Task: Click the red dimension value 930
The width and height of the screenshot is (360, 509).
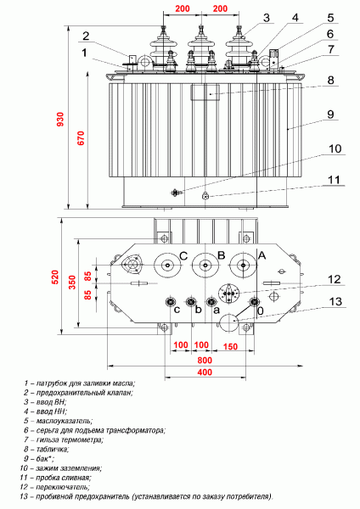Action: [61, 119]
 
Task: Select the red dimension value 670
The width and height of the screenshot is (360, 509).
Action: [81, 138]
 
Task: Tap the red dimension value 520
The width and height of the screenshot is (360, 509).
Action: [55, 277]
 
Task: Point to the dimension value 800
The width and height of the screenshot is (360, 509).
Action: [205, 360]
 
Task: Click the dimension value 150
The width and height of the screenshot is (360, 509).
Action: [230, 346]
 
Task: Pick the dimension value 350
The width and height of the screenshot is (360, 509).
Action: [72, 282]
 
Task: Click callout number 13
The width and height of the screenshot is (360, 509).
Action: [335, 301]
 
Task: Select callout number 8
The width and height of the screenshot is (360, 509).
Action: [330, 80]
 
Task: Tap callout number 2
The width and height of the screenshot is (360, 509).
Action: [86, 36]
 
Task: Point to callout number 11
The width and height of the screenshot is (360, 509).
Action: [334, 180]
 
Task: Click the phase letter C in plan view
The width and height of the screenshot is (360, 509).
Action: [183, 256]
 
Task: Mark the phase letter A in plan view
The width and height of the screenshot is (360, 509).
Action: [262, 256]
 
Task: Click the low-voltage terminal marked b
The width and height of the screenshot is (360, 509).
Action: [191, 302]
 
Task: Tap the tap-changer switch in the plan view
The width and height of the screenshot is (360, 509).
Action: [229, 294]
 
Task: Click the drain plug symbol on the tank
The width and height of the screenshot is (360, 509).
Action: [205, 195]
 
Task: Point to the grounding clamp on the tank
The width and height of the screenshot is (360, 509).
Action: [176, 193]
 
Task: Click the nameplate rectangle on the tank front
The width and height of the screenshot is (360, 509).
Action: [205, 92]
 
